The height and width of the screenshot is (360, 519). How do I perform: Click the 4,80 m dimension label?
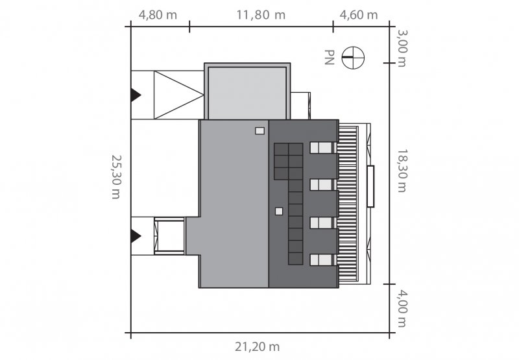tap(158, 15)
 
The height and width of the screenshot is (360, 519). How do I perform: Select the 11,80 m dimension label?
tap(261, 15)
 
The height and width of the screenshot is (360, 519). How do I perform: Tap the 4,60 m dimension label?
tap(359, 15)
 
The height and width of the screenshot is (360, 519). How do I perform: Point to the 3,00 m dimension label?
tap(402, 48)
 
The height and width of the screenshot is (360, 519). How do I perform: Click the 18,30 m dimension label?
tap(402, 171)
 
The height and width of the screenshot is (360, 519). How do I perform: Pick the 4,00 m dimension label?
tap(402, 309)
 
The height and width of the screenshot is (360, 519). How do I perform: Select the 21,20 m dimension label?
tap(257, 347)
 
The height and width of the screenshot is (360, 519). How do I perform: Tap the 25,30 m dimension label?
tap(115, 177)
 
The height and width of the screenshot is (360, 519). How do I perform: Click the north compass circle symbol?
tap(353, 58)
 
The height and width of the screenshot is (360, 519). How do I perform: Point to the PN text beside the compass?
tap(330, 57)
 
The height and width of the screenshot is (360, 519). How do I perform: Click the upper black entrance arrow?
tap(136, 95)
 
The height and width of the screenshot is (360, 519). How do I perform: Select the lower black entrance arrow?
tap(136, 236)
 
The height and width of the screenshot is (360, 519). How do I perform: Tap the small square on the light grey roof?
tap(260, 130)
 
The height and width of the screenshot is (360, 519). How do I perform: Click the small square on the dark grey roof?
tap(279, 211)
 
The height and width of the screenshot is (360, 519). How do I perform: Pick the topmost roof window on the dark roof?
tap(321, 148)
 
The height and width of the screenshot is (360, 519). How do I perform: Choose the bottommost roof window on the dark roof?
tap(321, 259)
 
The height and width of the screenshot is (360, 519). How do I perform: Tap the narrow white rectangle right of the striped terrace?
tap(370, 186)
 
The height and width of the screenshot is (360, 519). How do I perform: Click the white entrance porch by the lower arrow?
tap(169, 236)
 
